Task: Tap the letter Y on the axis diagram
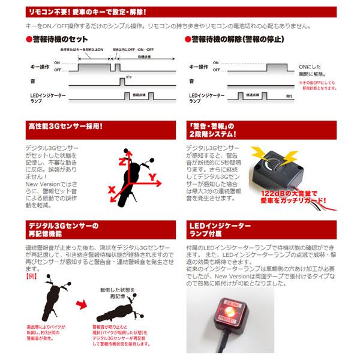[x=155, y=176]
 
